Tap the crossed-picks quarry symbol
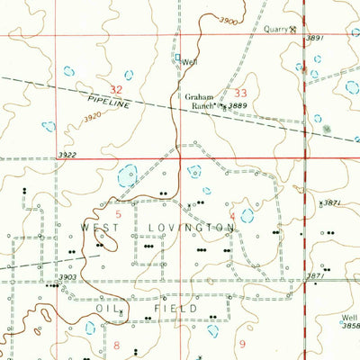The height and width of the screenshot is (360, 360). (x=292, y=29)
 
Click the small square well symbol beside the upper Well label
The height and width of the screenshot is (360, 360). (x=177, y=61)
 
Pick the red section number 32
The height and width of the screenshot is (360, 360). (x=116, y=88)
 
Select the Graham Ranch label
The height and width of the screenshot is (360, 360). (x=200, y=101)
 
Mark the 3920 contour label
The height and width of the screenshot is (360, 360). (x=92, y=118)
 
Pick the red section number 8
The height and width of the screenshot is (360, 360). (x=116, y=345)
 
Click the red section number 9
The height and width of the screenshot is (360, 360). (x=241, y=344)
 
